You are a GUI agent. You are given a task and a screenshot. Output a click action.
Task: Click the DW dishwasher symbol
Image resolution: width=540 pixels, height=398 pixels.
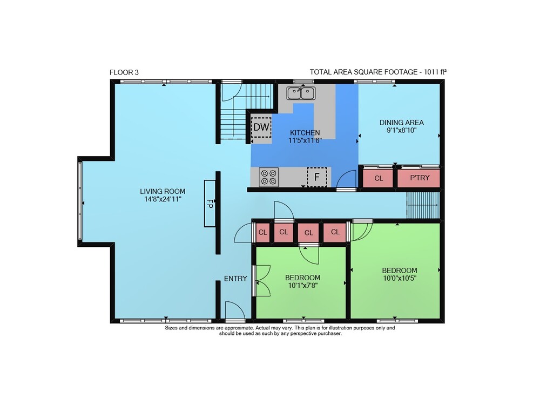(261, 127)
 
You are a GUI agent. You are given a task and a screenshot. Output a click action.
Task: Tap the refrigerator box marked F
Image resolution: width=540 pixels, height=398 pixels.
(317, 177)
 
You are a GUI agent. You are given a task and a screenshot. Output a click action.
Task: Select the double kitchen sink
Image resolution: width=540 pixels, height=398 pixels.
(301, 93)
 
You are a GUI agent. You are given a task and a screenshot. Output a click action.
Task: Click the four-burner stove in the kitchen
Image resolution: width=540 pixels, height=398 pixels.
(268, 177)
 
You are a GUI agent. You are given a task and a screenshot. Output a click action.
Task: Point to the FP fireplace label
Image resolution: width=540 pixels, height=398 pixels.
(210, 203)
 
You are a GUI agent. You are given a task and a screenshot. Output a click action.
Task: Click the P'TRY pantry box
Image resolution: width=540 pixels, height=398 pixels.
(419, 178)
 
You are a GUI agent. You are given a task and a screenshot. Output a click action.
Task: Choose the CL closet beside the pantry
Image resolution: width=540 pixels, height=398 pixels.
(378, 178)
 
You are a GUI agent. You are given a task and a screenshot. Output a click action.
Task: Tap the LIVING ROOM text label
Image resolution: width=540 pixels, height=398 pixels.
(163, 191)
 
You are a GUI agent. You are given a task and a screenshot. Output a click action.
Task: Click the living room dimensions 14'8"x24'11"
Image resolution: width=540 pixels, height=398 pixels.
(163, 199)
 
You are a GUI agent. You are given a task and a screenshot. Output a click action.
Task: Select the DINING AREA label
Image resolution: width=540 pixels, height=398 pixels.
(402, 123)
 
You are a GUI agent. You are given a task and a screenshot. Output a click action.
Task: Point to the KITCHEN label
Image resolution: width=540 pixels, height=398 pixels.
(305, 132)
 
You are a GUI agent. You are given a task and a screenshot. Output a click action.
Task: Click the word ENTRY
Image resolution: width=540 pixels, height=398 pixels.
(235, 279)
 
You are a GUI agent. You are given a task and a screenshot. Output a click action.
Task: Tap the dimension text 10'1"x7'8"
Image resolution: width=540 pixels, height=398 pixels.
(303, 285)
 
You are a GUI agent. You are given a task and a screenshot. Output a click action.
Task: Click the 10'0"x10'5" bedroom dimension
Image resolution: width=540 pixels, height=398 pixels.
(400, 278)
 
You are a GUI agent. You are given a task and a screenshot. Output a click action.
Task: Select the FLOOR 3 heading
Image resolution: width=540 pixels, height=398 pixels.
(124, 72)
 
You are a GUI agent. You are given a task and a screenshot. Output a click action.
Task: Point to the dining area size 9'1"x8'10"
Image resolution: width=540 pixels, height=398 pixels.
(402, 130)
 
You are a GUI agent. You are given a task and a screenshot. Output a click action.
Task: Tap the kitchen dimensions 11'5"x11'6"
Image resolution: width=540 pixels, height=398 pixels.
(305, 140)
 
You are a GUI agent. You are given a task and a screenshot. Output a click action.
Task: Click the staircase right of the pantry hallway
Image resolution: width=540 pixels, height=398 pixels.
(423, 205)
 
